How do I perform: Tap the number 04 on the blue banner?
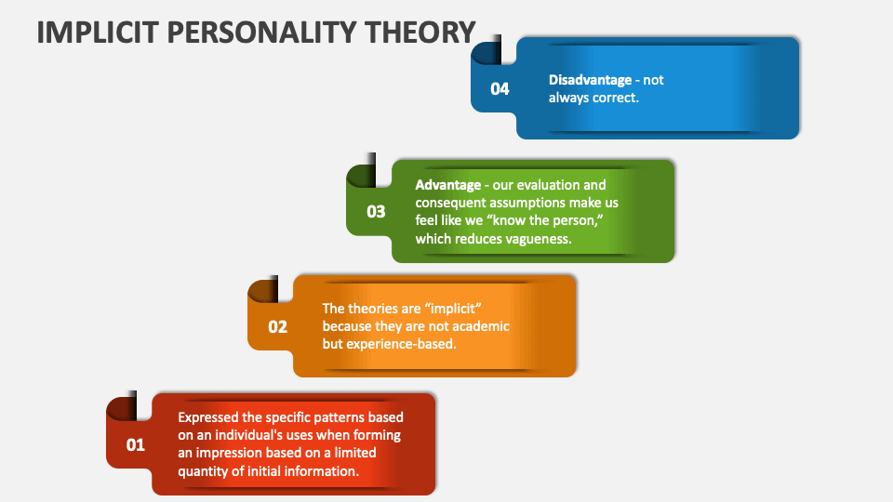point(500,89)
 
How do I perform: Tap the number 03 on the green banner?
point(376,212)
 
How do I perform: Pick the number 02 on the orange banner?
point(278,327)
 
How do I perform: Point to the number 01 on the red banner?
point(136,445)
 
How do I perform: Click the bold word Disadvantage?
point(591,80)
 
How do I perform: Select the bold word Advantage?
point(448,185)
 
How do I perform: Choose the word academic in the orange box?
point(477,326)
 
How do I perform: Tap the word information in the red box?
point(313,470)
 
